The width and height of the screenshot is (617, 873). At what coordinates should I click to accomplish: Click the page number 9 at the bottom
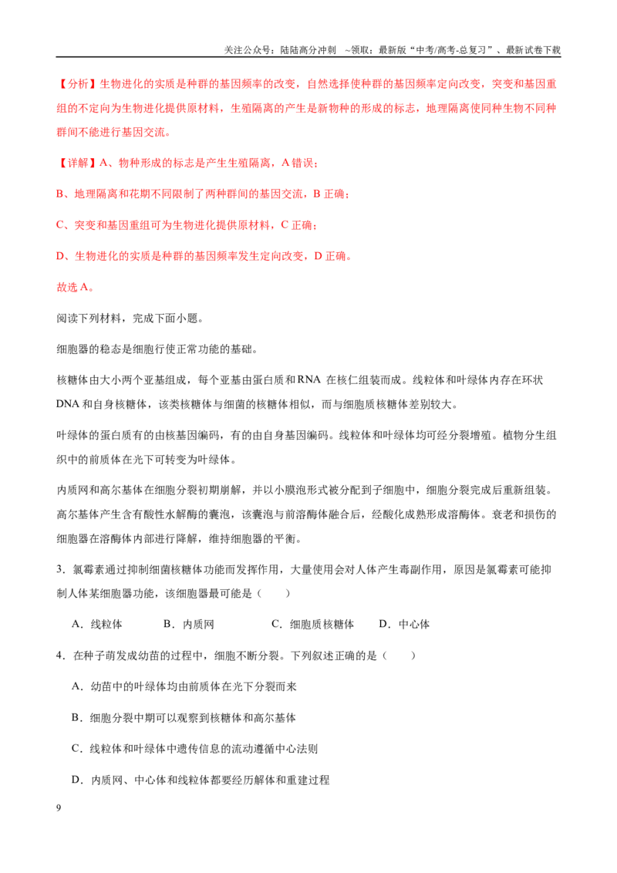pyautogui.click(x=59, y=808)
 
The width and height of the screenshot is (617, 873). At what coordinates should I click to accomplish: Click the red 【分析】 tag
pyautogui.click(x=77, y=84)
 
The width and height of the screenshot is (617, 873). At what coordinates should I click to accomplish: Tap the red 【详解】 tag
pyautogui.click(x=77, y=163)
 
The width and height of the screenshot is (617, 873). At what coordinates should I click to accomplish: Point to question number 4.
pyautogui.click(x=60, y=656)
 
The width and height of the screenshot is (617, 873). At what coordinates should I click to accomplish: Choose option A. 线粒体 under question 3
pyautogui.click(x=97, y=624)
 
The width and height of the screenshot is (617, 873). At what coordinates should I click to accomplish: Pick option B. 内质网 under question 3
pyautogui.click(x=189, y=624)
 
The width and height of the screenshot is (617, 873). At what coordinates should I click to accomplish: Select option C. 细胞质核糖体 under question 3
pyautogui.click(x=312, y=624)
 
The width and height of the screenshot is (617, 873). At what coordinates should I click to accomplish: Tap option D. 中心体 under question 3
pyautogui.click(x=404, y=624)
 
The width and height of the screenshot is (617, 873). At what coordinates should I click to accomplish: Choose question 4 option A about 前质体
pyautogui.click(x=184, y=686)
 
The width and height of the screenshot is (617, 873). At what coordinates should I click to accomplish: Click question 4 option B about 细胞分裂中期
pyautogui.click(x=184, y=718)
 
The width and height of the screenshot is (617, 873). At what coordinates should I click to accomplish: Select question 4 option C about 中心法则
pyautogui.click(x=195, y=749)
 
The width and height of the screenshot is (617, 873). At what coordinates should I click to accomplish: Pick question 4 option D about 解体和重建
pyautogui.click(x=201, y=780)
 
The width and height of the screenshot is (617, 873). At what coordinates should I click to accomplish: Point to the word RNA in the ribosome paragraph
pyautogui.click(x=309, y=379)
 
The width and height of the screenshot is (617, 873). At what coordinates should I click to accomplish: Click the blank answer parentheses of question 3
pyautogui.click(x=274, y=594)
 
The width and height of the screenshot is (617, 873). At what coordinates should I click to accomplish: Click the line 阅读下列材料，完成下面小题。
pyautogui.click(x=130, y=319)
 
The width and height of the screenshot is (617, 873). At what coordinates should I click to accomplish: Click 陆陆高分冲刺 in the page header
pyautogui.click(x=308, y=50)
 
